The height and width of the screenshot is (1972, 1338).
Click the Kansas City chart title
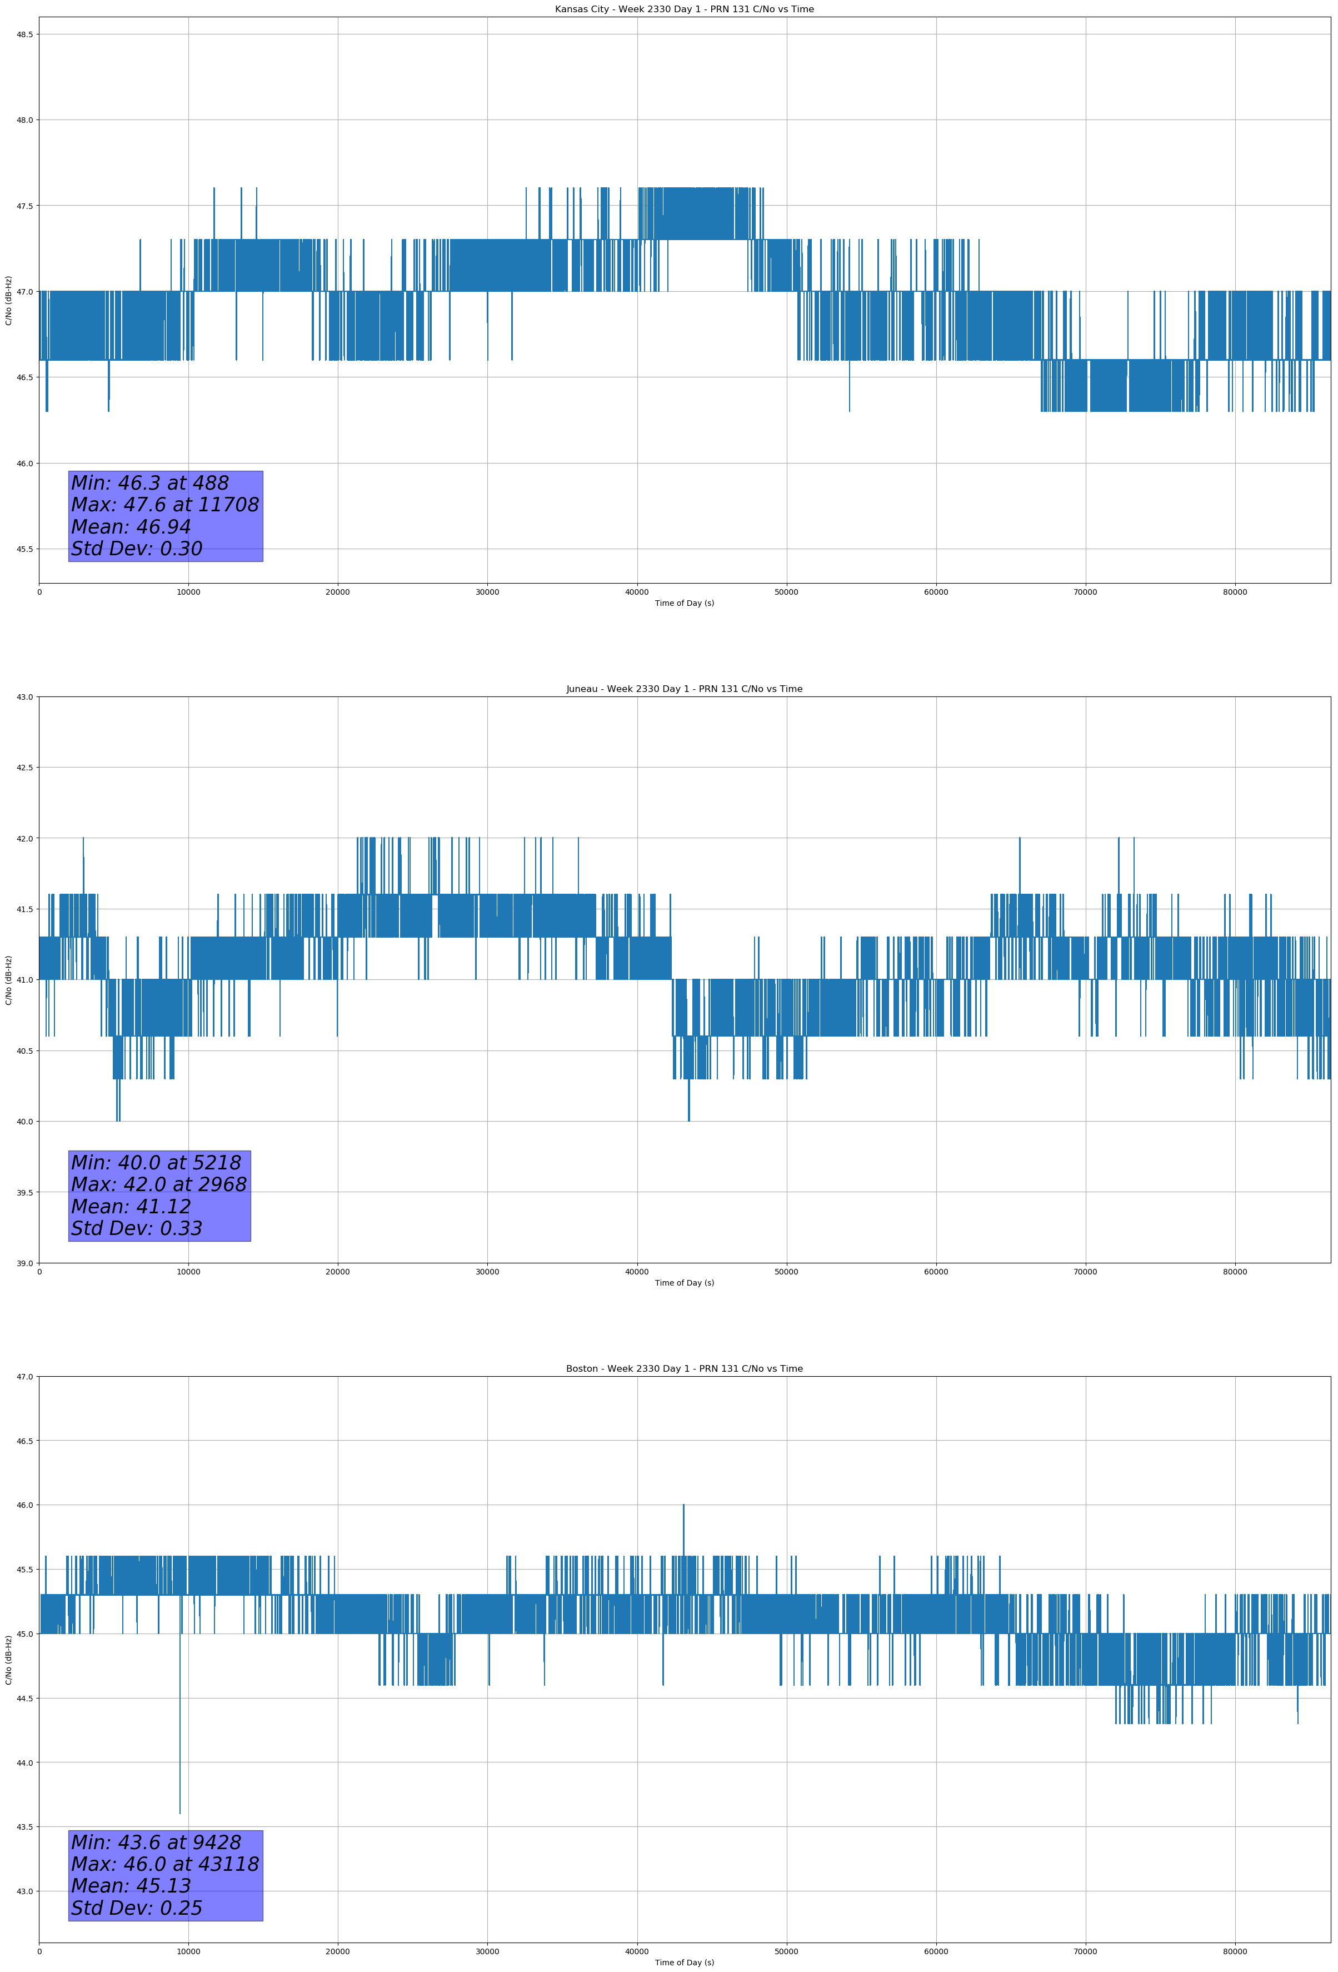pyautogui.click(x=684, y=9)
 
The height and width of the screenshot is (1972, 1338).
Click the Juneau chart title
pyautogui.click(x=684, y=689)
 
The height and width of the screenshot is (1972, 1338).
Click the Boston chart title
pyautogui.click(x=684, y=1369)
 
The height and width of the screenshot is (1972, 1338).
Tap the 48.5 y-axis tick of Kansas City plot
pyautogui.click(x=24, y=34)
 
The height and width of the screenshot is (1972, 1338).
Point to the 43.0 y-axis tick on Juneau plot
pyautogui.click(x=24, y=696)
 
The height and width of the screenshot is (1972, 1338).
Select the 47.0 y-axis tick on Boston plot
pyautogui.click(x=24, y=1376)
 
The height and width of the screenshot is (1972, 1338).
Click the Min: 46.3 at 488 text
pyautogui.click(x=149, y=483)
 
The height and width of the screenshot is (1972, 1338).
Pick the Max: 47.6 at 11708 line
pyautogui.click(x=164, y=505)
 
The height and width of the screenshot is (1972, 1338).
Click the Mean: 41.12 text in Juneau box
pyautogui.click(x=131, y=1207)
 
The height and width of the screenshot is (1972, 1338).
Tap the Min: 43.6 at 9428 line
pyautogui.click(x=155, y=1842)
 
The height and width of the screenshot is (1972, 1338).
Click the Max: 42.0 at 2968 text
pyautogui.click(x=159, y=1184)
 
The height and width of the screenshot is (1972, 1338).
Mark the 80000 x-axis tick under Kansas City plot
pyautogui.click(x=1235, y=592)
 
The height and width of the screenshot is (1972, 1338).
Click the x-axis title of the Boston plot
pyautogui.click(x=684, y=1963)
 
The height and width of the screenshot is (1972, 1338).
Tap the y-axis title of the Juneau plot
pyautogui.click(x=8, y=980)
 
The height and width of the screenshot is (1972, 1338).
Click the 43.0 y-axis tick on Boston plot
pyautogui.click(x=24, y=1890)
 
